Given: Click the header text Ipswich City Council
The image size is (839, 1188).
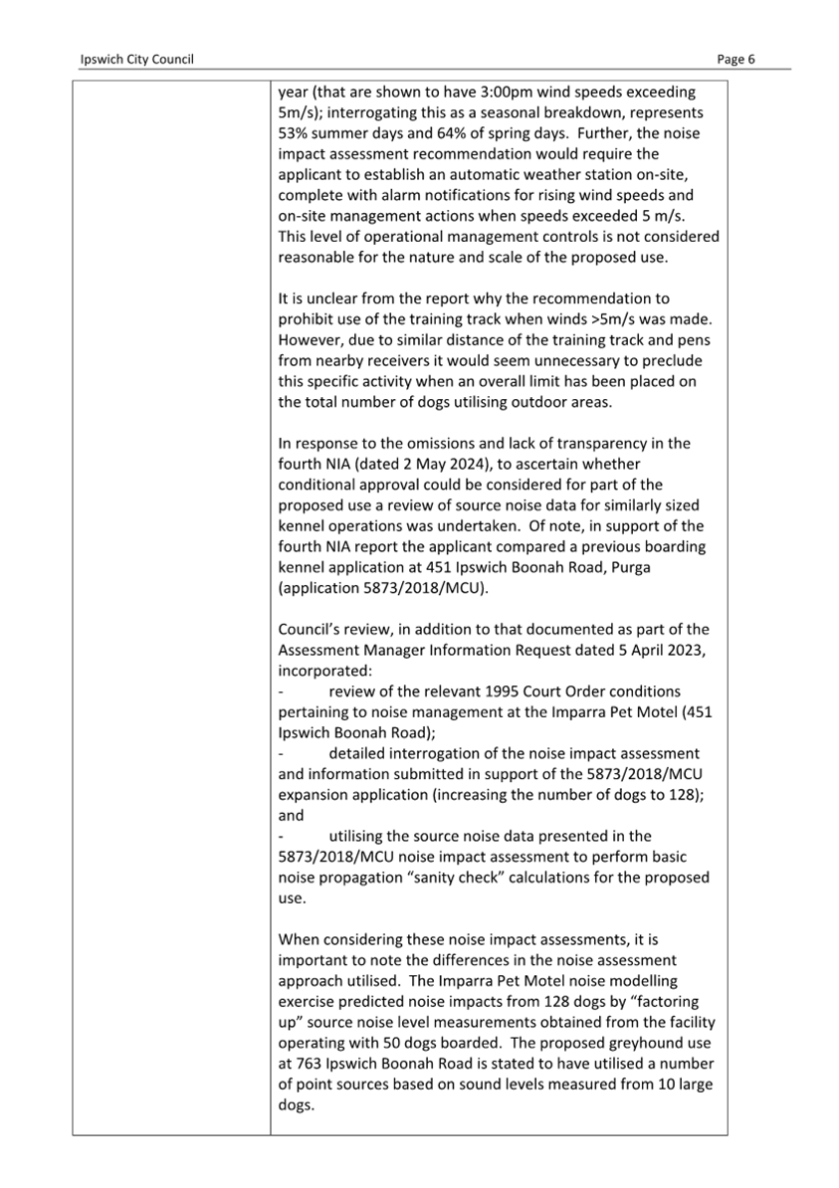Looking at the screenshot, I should click(x=136, y=60).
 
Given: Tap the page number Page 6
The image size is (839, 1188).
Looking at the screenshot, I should click(x=736, y=60).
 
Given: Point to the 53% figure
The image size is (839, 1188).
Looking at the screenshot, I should click(x=294, y=133).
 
